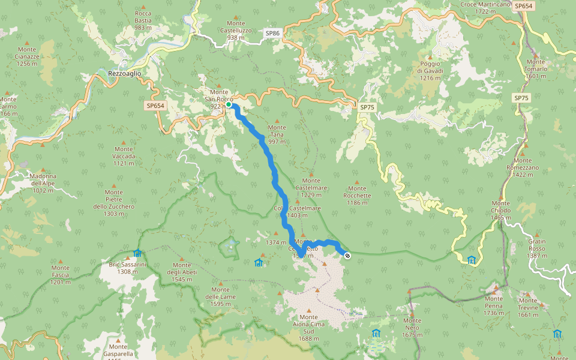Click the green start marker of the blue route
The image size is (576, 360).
(229, 104)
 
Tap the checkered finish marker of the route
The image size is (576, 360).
(347, 256)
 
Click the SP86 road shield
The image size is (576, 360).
(272, 34)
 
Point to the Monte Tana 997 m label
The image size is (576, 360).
(277, 134)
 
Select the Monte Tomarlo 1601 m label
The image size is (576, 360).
(535, 68)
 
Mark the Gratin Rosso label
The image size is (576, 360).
(537, 248)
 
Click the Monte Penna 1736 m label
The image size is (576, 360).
(493, 305)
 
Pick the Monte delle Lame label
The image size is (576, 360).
(221, 296)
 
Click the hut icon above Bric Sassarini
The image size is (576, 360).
(137, 253)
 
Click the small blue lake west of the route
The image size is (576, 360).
(229, 245)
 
